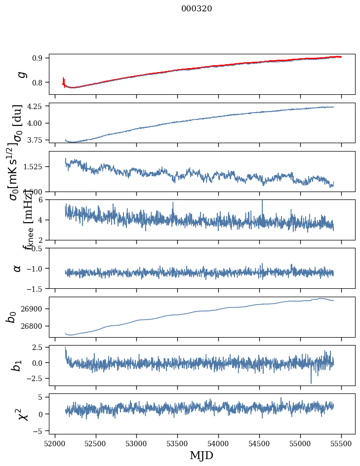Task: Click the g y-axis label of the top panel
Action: (21, 74)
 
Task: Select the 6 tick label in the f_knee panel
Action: (43, 199)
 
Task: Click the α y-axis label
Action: (18, 268)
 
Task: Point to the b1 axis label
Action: (18, 365)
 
